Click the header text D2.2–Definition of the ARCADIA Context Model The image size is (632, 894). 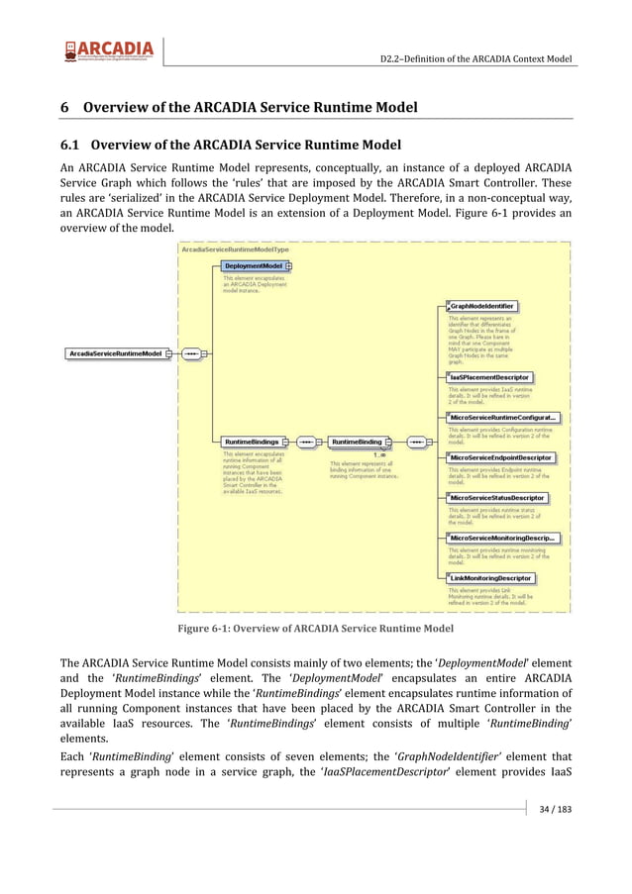click(x=476, y=58)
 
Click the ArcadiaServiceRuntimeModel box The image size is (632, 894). click(x=117, y=352)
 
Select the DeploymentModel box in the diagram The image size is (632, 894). click(x=254, y=266)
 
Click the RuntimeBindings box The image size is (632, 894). click(x=252, y=442)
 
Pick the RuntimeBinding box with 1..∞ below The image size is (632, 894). click(x=357, y=442)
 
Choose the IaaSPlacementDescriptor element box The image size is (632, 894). click(x=489, y=377)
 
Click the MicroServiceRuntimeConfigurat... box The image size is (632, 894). click(x=503, y=418)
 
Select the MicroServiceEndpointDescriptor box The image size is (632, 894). click(x=500, y=457)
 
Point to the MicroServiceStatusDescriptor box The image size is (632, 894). click(x=496, y=498)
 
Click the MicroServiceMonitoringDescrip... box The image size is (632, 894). click(x=502, y=538)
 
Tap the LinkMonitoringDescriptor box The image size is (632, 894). click(x=490, y=578)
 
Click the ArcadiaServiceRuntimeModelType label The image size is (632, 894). click(x=235, y=249)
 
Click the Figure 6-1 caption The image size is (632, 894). click(x=315, y=628)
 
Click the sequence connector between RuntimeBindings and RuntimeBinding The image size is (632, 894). click(x=307, y=442)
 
